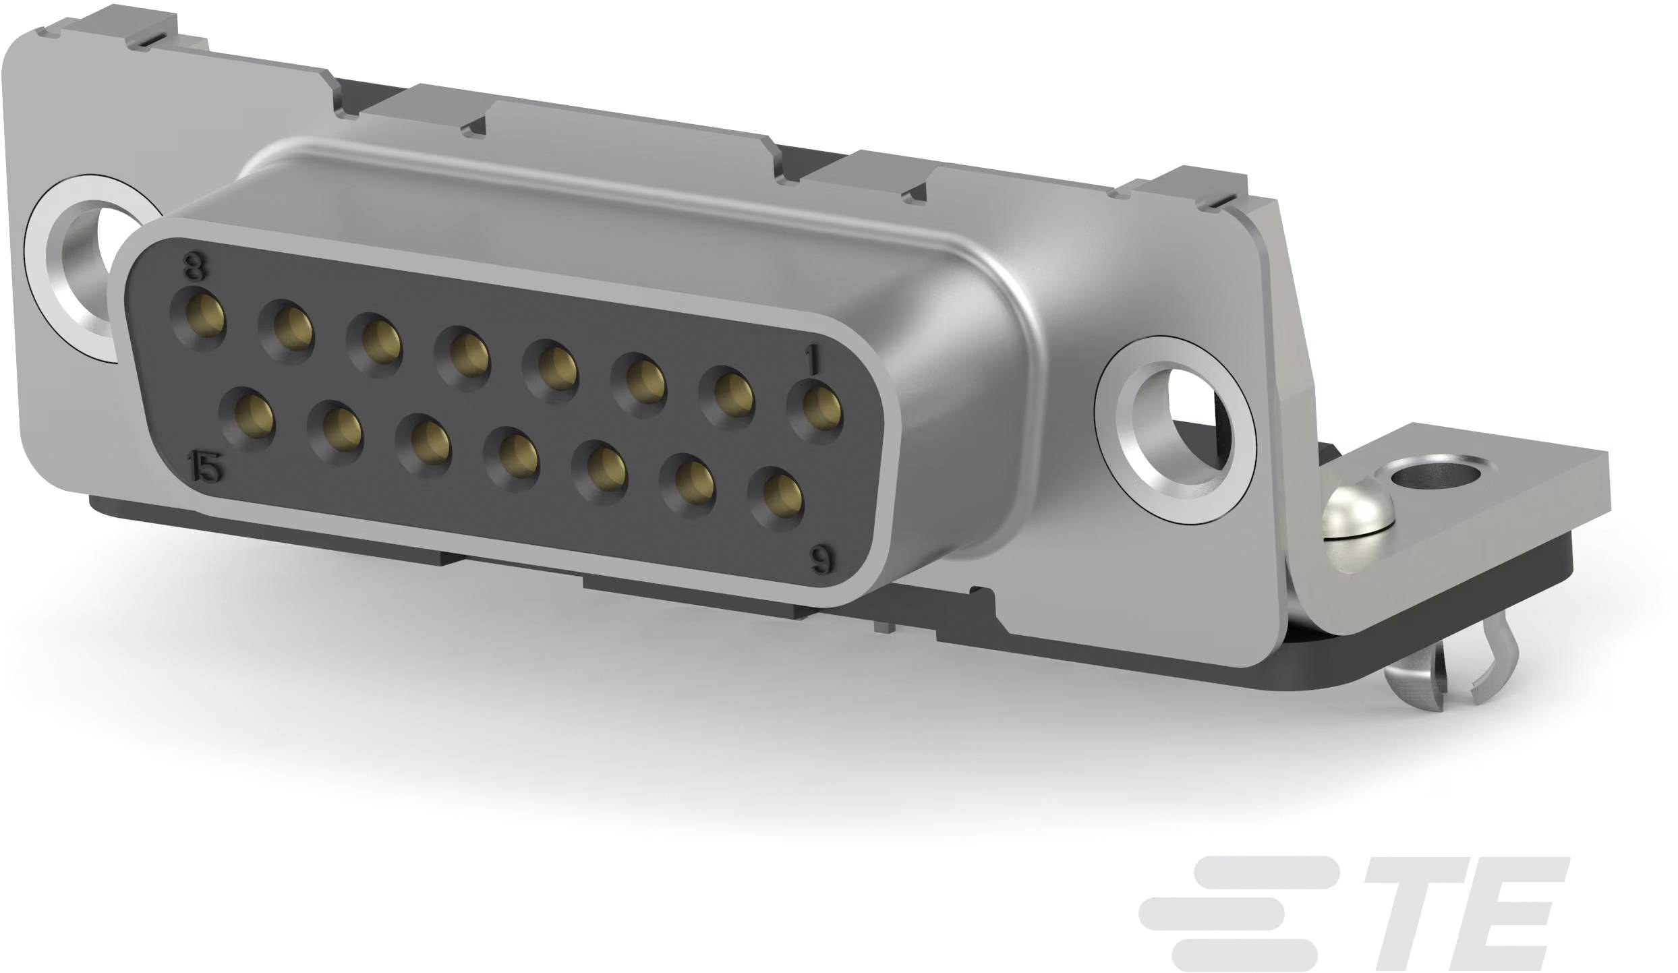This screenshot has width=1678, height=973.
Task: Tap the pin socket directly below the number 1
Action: (x=817, y=411)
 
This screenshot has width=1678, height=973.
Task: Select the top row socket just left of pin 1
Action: (x=726, y=398)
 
